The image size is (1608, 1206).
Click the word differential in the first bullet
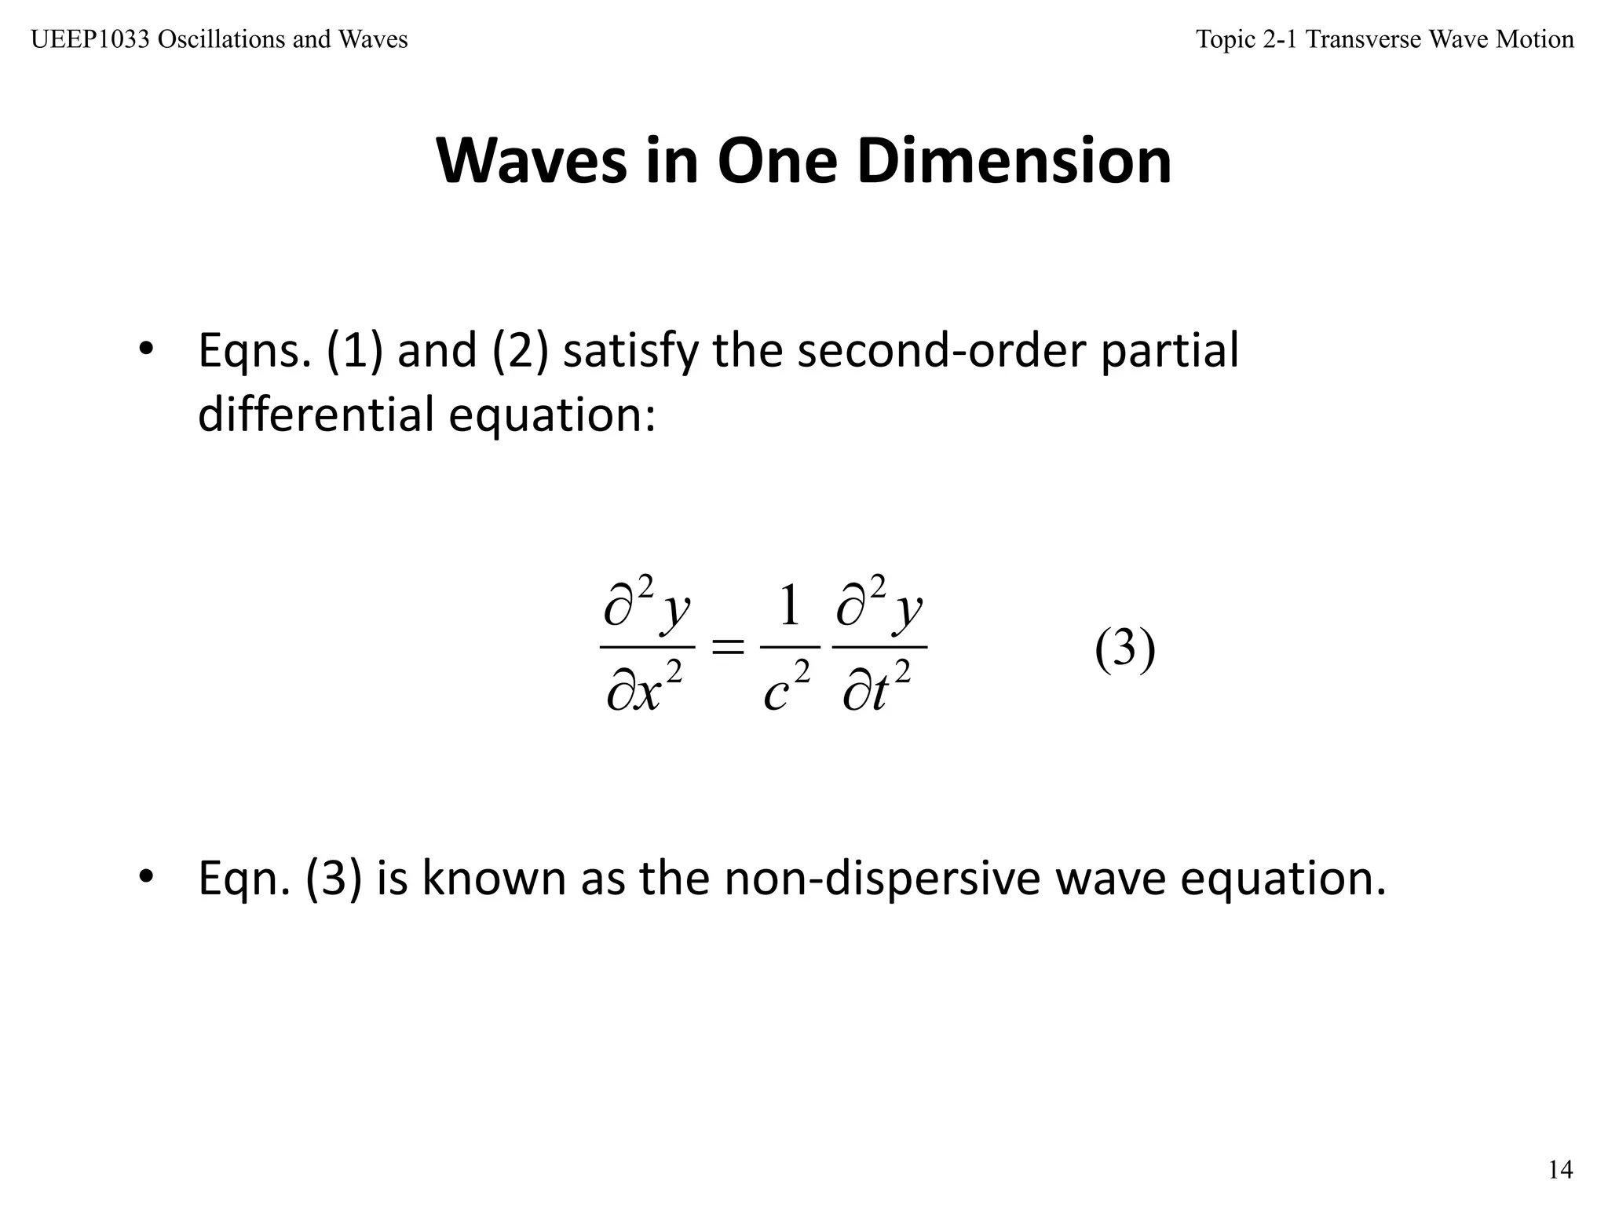pyautogui.click(x=315, y=414)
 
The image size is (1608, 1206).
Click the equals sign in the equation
pyautogui.click(x=727, y=648)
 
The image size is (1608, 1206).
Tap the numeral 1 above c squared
pyautogui.click(x=789, y=606)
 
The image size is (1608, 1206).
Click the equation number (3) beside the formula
pyautogui.click(x=1125, y=649)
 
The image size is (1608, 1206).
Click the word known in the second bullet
pyautogui.click(x=494, y=879)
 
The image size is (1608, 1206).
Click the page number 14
pyautogui.click(x=1560, y=1171)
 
